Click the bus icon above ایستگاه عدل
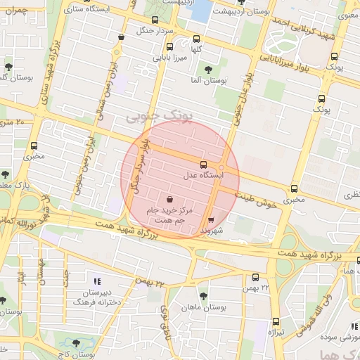(x=204, y=164)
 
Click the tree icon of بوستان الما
(x=209, y=69)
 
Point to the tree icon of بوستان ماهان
(x=204, y=296)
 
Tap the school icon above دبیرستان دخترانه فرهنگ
(x=96, y=281)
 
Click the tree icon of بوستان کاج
(x=76, y=343)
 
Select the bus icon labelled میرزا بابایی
(x=152, y=62)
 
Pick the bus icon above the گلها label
(x=196, y=39)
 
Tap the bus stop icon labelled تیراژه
(x=272, y=322)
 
